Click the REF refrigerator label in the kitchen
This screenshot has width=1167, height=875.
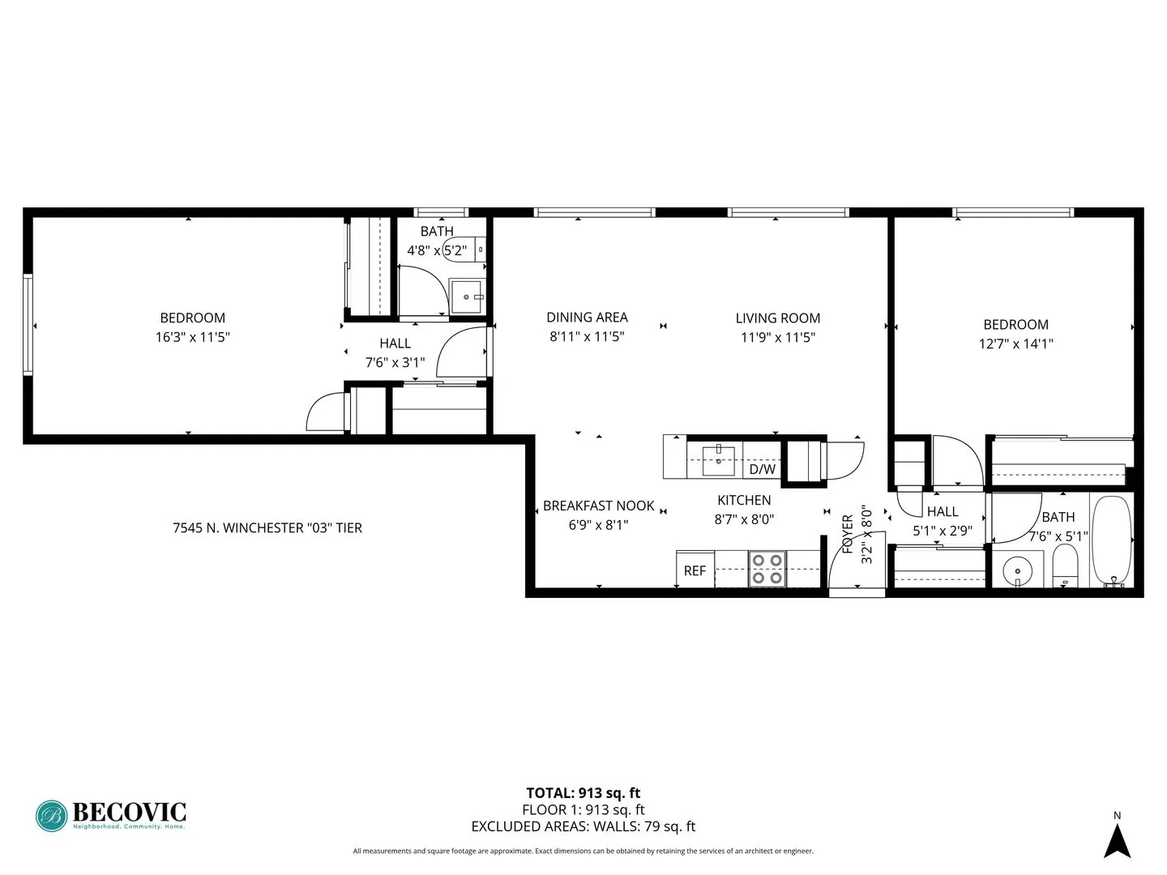(695, 570)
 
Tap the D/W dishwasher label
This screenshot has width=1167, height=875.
(762, 469)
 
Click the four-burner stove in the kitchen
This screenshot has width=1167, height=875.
(767, 568)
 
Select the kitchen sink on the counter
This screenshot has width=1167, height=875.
(718, 459)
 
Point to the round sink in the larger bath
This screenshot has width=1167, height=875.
(1017, 570)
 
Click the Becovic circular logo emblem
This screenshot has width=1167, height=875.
(52, 816)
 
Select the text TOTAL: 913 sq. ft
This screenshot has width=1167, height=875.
(583, 793)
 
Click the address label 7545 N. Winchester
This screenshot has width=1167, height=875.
(267, 527)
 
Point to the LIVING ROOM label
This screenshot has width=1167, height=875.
(777, 318)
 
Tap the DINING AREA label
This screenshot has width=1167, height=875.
(587, 318)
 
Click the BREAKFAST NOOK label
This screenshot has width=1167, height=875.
(598, 506)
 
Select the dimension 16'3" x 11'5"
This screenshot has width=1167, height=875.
(193, 337)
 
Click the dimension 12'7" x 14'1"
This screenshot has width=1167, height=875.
(1015, 344)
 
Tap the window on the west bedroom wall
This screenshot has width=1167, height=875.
(28, 324)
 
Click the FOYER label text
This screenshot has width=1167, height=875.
(848, 534)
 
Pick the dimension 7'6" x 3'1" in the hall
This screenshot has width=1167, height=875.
(395, 362)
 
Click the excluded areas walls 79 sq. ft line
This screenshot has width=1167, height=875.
(583, 826)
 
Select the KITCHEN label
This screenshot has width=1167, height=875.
(744, 501)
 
